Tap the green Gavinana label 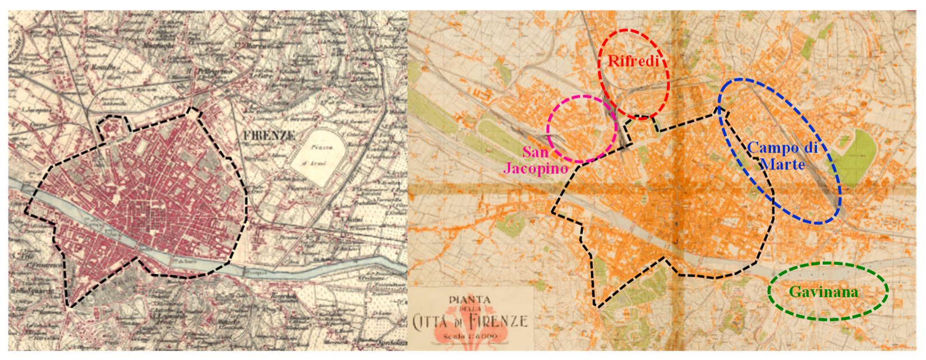(823, 292)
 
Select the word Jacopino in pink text (535, 168)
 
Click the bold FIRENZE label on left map (269, 136)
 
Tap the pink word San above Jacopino (535, 152)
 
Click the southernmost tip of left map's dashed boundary (70, 307)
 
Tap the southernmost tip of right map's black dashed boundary (597, 307)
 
